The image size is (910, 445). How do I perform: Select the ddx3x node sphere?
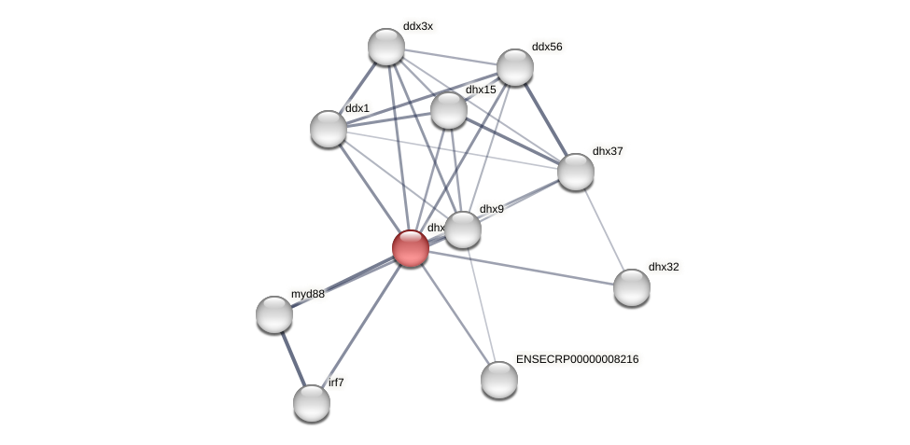pos(386,47)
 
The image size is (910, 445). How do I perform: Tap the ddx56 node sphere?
pos(515,67)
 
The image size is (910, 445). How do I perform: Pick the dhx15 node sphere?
pos(449,110)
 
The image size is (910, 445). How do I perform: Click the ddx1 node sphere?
pos(329,129)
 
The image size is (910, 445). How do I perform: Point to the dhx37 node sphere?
pos(576,172)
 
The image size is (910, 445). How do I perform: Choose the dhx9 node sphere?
pos(463,229)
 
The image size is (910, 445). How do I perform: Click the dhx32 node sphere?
pos(632,287)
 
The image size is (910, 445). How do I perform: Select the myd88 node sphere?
pos(274,314)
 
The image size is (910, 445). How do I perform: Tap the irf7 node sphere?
pos(312,403)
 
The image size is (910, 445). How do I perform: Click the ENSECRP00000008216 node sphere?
pos(499,380)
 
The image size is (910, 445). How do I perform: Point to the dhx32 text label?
pos(664,267)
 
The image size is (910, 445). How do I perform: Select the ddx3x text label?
pos(417,26)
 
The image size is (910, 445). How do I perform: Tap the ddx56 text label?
pos(547,47)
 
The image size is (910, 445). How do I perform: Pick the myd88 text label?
pos(307,294)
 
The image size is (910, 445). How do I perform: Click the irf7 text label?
pos(336,382)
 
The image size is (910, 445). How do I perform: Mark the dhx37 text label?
pos(608,151)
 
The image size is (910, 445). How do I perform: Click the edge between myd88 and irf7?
pos(293,359)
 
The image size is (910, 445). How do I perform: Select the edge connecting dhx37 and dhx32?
pos(604,229)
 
